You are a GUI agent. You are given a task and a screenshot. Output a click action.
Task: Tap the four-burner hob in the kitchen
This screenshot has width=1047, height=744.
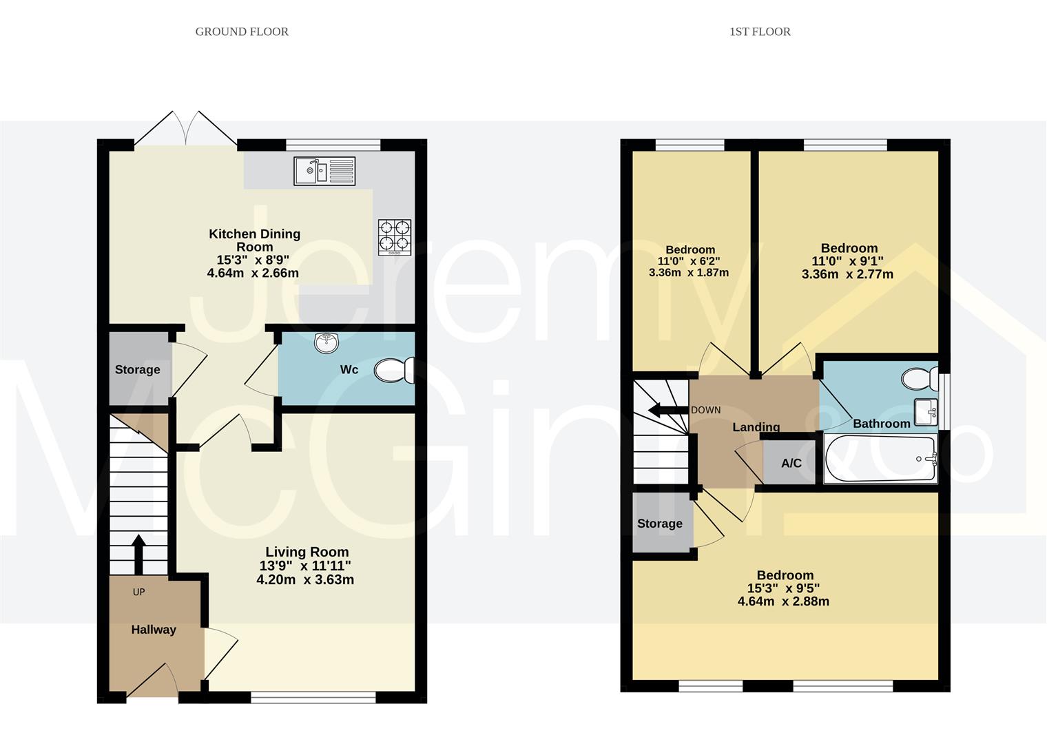pos(394,237)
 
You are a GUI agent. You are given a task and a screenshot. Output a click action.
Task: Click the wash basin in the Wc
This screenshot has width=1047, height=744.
pos(326,342)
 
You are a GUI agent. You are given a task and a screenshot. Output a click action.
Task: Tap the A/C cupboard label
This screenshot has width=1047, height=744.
pos(791,463)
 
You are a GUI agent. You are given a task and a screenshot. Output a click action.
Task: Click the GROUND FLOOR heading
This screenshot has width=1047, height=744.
pos(242,32)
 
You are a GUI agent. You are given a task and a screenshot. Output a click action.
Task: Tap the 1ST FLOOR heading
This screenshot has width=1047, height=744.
pos(760,32)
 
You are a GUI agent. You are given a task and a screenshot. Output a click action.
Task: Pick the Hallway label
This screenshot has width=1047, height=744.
pos(154,630)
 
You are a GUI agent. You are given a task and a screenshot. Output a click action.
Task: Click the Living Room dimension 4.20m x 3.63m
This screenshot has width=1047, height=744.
pos(305,580)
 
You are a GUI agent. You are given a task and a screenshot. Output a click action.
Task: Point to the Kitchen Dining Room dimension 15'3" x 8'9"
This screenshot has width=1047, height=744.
pos(253,260)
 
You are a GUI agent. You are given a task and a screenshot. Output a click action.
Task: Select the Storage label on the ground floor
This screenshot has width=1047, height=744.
pos(138,370)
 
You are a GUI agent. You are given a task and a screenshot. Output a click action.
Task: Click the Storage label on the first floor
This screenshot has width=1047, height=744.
pos(660,524)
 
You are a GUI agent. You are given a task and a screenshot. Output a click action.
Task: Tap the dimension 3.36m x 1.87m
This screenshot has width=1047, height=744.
pos(689,273)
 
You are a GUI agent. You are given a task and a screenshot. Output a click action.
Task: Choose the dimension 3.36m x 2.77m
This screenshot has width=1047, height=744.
pos(847,274)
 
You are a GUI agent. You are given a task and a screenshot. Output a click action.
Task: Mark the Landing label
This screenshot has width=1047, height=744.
pos(756,427)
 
